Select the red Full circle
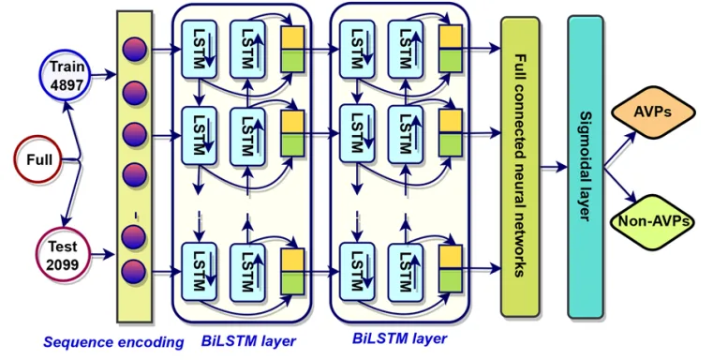click(x=39, y=160)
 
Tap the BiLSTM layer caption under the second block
click(x=399, y=337)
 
